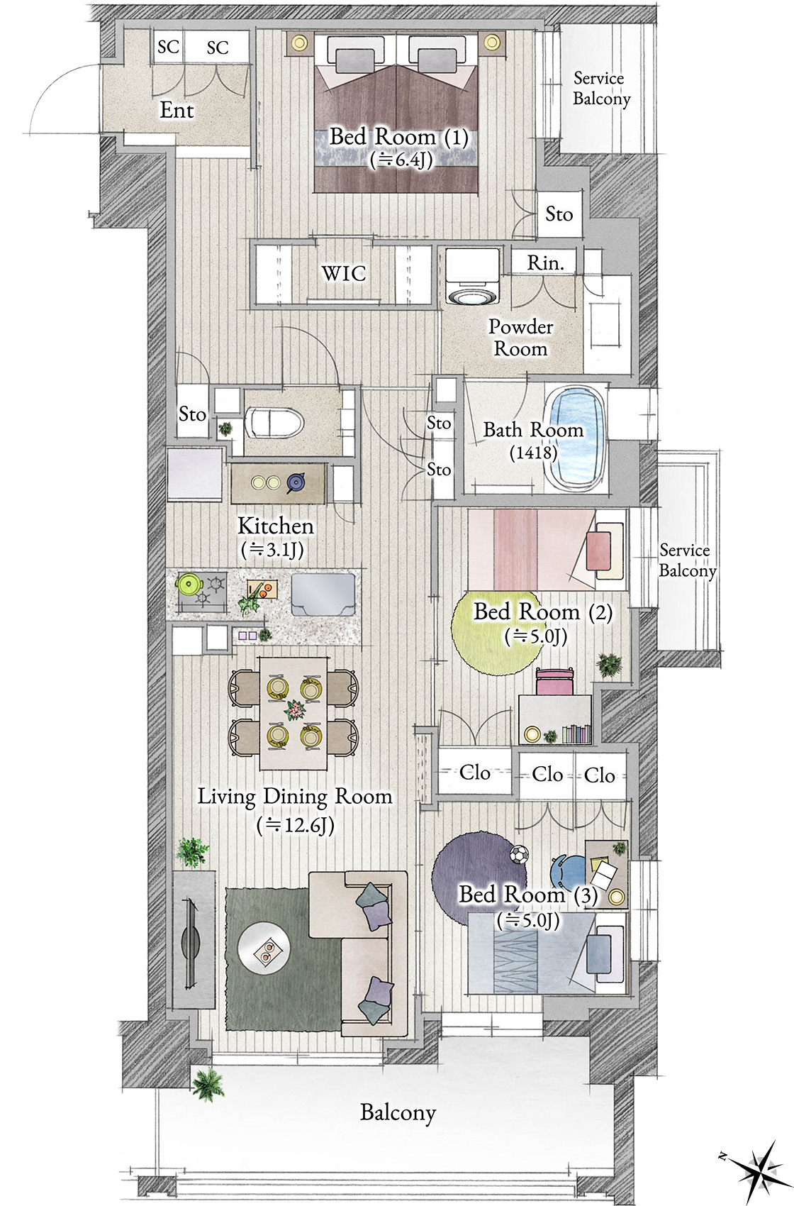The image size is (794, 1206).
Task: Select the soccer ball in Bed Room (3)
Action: click(518, 854)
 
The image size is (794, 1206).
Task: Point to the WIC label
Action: click(344, 273)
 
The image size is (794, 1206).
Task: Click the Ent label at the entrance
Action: click(177, 111)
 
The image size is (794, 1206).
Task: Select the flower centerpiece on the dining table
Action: click(294, 710)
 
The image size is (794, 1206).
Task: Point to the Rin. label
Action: click(545, 262)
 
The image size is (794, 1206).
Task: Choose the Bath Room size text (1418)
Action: click(532, 453)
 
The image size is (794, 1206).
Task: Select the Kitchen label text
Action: click(276, 526)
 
